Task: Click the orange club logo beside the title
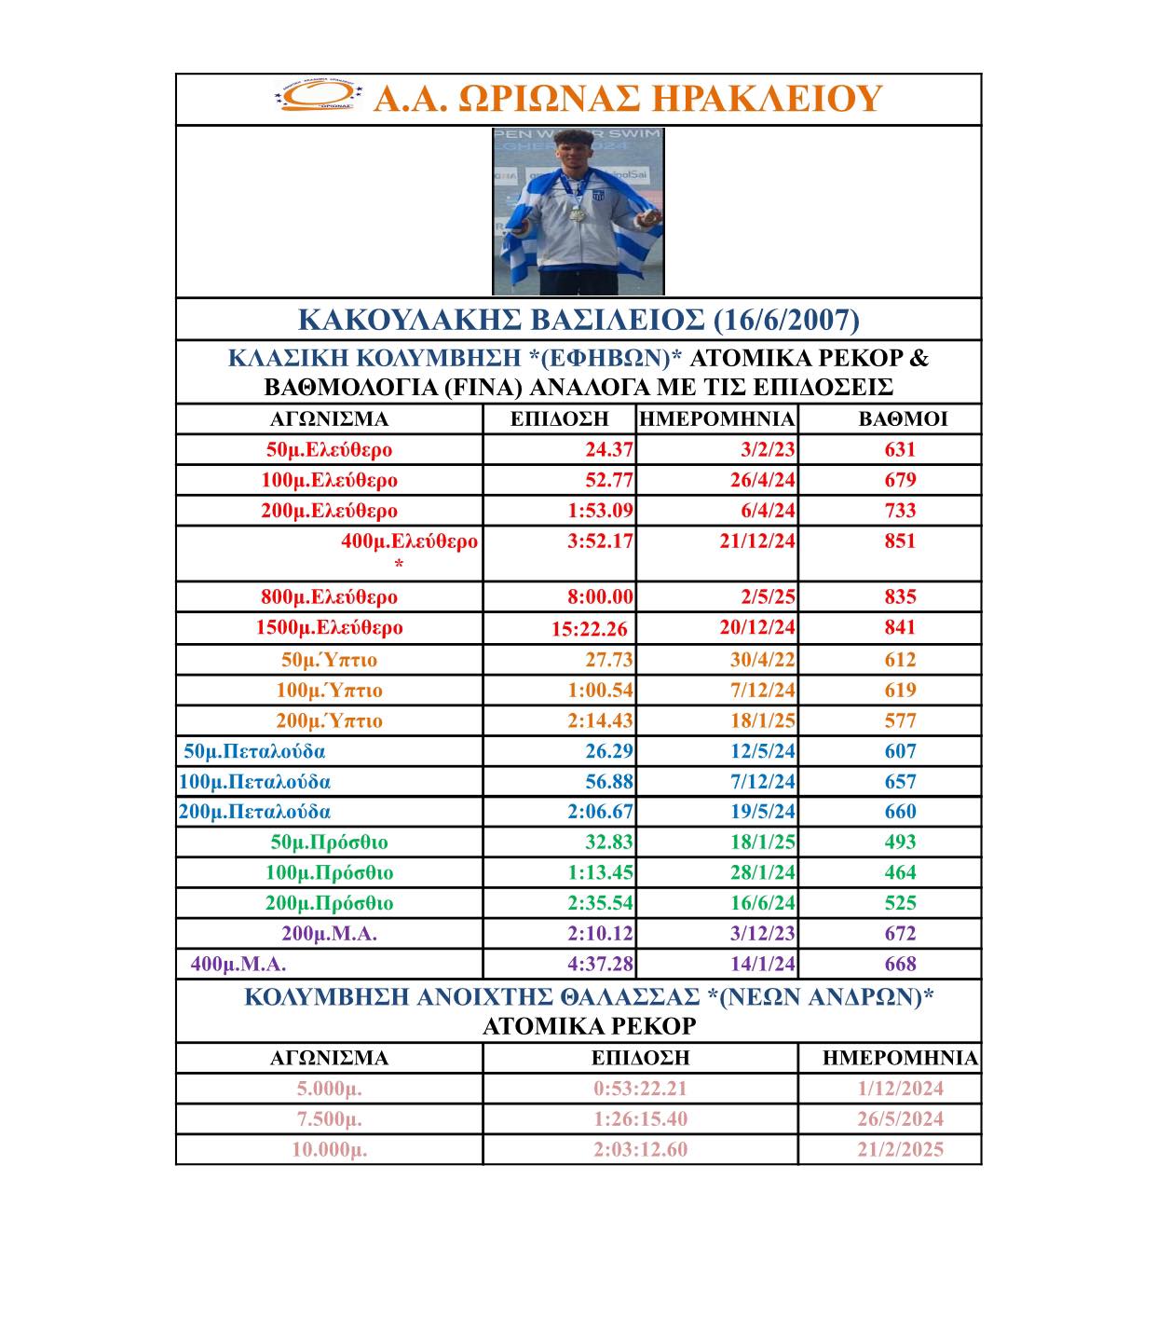[x=318, y=97]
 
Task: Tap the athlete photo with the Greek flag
[x=578, y=212]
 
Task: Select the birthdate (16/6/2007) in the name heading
[x=785, y=320]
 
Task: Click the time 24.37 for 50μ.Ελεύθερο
[x=609, y=449]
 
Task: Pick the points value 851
[x=900, y=541]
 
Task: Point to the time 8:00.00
[x=600, y=596]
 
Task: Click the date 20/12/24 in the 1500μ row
[x=757, y=627]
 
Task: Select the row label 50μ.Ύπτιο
[x=329, y=660]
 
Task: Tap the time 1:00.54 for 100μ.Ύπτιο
[x=600, y=691]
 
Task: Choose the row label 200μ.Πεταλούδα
[x=254, y=812]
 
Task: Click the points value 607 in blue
[x=900, y=751]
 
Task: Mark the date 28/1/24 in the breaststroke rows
[x=763, y=872]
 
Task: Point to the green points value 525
[x=900, y=903]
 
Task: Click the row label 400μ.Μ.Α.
[x=238, y=964]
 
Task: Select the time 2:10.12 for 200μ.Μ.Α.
[x=600, y=933]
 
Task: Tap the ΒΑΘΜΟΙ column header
[x=903, y=419]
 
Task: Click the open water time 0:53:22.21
[x=640, y=1088]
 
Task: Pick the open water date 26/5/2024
[x=900, y=1118]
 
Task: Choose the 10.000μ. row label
[x=329, y=1149]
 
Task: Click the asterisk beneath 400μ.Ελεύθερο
[x=399, y=565]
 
